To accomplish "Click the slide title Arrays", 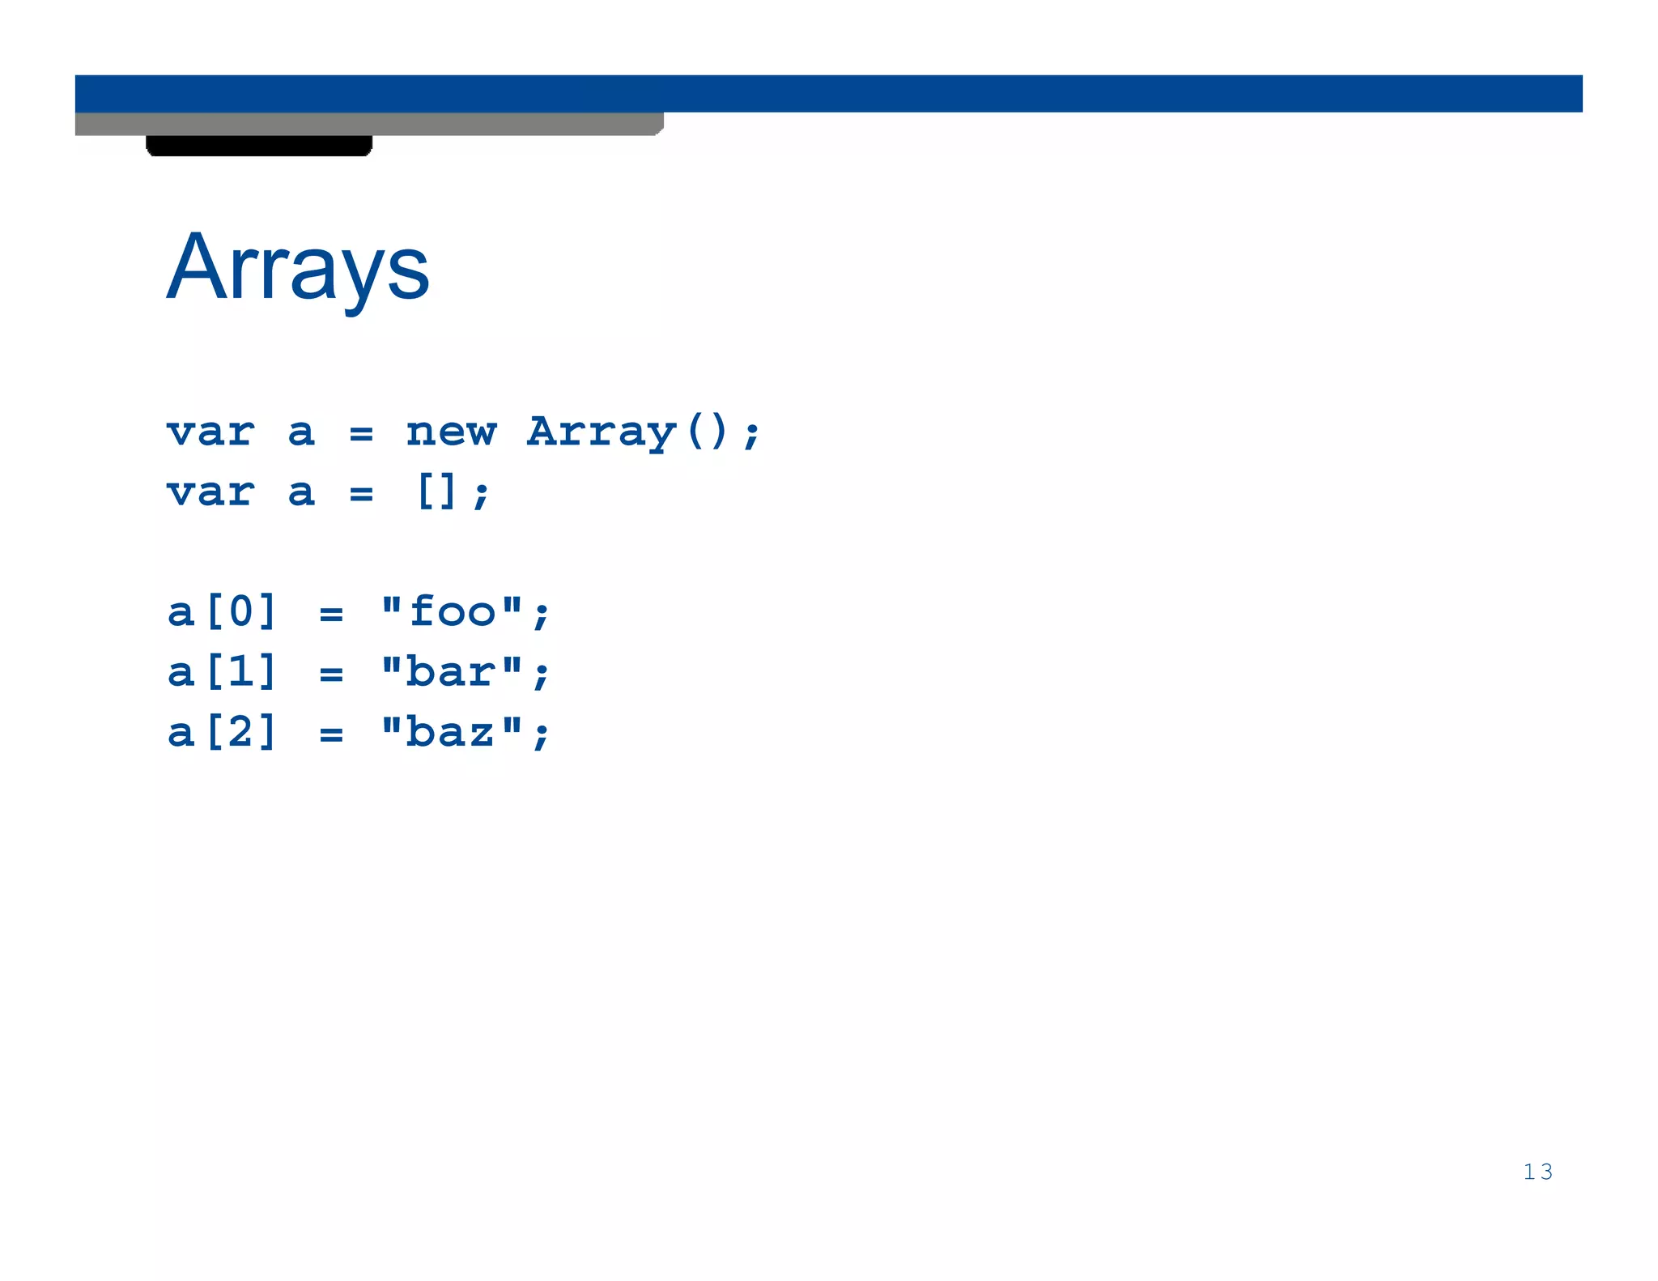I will pyautogui.click(x=298, y=267).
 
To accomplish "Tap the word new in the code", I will pyautogui.click(x=451, y=432).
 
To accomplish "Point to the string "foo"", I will pyautogui.click(x=452, y=611).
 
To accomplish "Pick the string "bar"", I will pyautogui.click(x=452, y=671).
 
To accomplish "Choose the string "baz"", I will pyautogui.click(x=452, y=732).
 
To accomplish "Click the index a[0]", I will pyautogui.click(x=223, y=611).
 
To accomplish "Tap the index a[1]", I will pyautogui.click(x=223, y=671).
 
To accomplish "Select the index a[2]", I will pyautogui.click(x=223, y=732).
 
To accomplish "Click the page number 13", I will pyautogui.click(x=1537, y=1172).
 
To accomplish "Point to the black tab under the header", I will pyautogui.click(x=259, y=146).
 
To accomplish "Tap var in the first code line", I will pyautogui.click(x=210, y=432).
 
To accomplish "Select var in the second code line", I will pyautogui.click(x=210, y=492).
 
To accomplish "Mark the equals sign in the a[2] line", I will pyautogui.click(x=331, y=735).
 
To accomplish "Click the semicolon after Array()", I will pyautogui.click(x=751, y=434).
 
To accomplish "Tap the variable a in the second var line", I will pyautogui.click(x=301, y=492).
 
